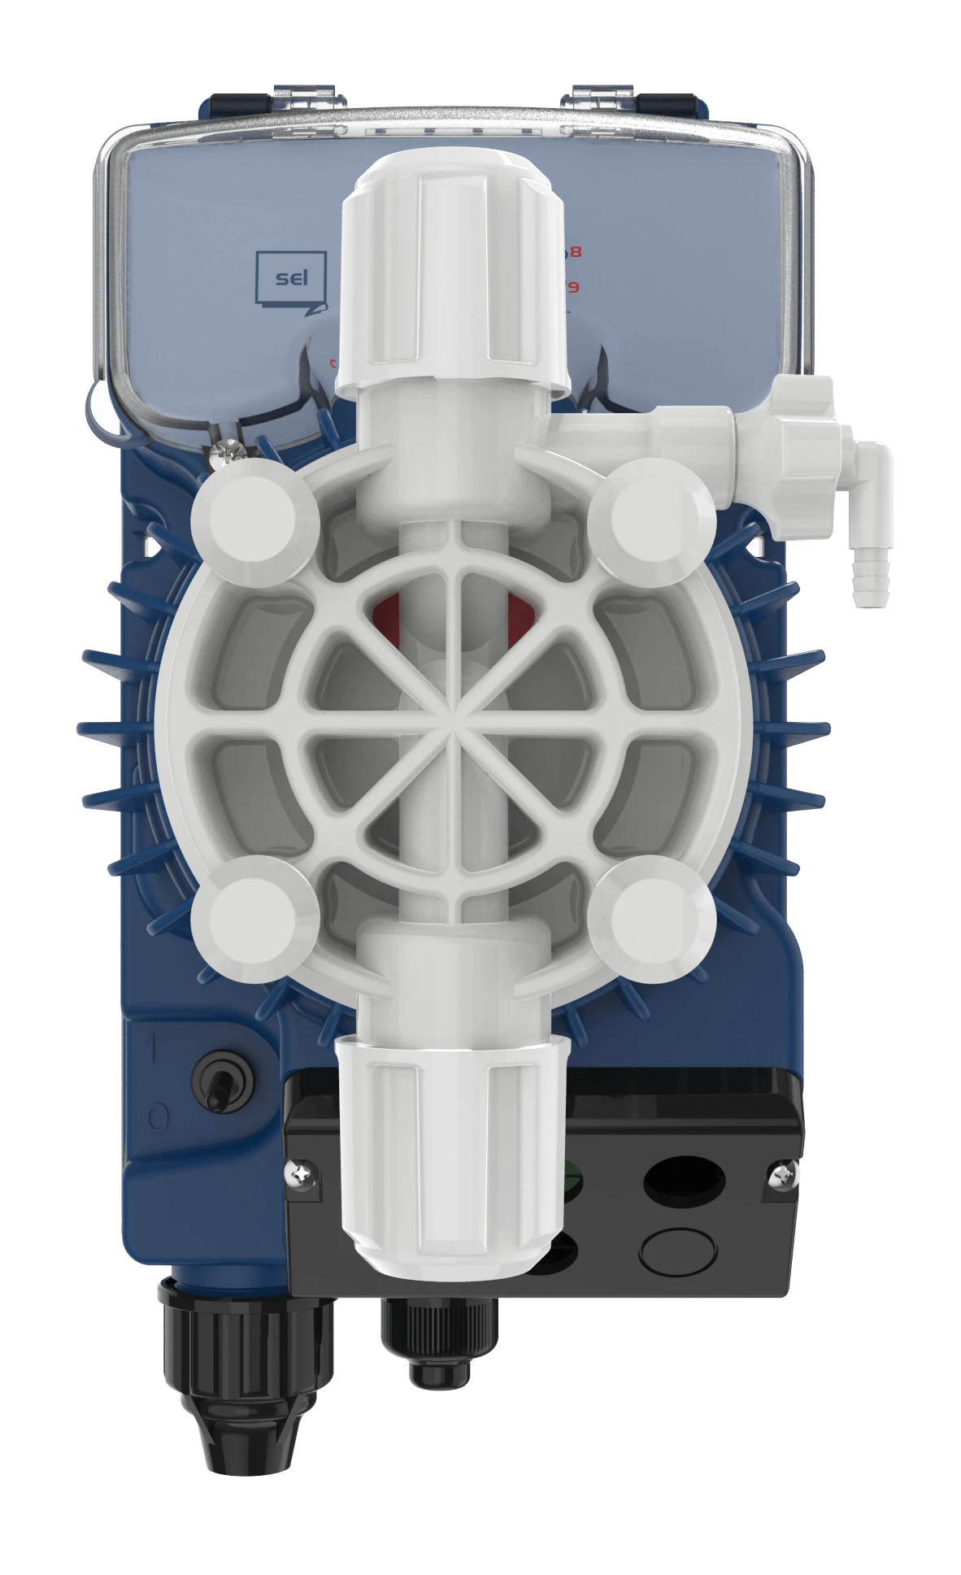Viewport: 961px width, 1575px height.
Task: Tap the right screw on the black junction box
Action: tap(779, 1173)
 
